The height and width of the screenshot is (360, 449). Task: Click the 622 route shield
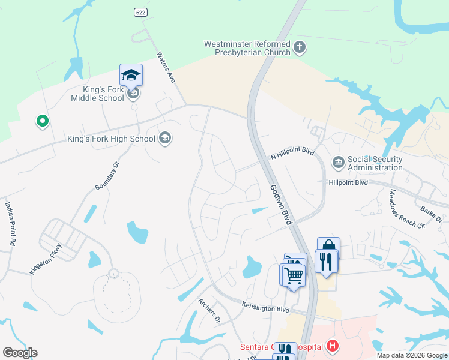pyautogui.click(x=139, y=12)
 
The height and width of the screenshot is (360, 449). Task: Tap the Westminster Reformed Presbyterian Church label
pyautogui.click(x=247, y=48)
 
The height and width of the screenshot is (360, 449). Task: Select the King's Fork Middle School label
pyautogui.click(x=98, y=94)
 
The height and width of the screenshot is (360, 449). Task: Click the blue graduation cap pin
pyautogui.click(x=131, y=76)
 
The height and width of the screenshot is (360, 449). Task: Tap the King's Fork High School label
pyautogui.click(x=112, y=139)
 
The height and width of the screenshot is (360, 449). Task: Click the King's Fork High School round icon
pyautogui.click(x=165, y=139)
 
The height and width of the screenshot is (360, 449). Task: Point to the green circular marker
pyautogui.click(x=42, y=121)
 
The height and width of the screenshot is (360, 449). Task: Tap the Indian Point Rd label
pyautogui.click(x=10, y=223)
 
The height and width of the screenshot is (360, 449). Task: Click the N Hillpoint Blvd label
pyautogui.click(x=292, y=155)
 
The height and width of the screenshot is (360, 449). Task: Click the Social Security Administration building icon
pyautogui.click(x=337, y=162)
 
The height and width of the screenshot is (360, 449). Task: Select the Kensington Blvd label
pyautogui.click(x=266, y=307)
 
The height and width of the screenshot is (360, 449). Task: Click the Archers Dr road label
pyautogui.click(x=209, y=310)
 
